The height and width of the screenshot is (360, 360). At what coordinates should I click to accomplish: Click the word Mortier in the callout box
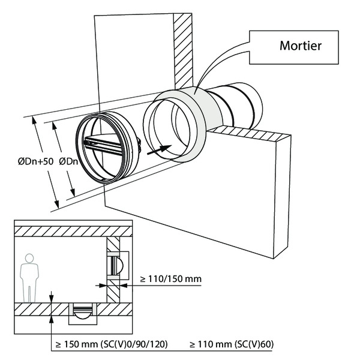pos(300,46)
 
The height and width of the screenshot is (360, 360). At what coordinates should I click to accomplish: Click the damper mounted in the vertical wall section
pos(118,263)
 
